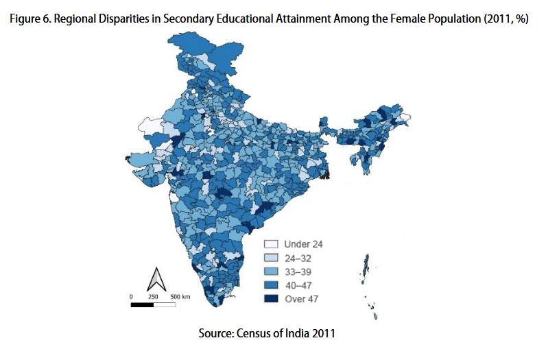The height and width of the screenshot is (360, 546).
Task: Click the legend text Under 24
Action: coord(303,244)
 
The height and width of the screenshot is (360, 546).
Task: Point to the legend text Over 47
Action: coord(301,299)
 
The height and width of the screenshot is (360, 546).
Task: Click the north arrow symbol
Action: coord(156,279)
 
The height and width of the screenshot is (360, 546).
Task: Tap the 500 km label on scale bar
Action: coord(180,296)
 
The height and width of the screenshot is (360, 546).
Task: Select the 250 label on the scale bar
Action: coord(154,296)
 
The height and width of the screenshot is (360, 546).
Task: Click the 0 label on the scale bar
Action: coord(130,296)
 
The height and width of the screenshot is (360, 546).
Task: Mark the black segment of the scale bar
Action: coord(141,304)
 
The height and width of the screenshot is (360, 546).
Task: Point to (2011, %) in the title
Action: coord(505,19)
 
